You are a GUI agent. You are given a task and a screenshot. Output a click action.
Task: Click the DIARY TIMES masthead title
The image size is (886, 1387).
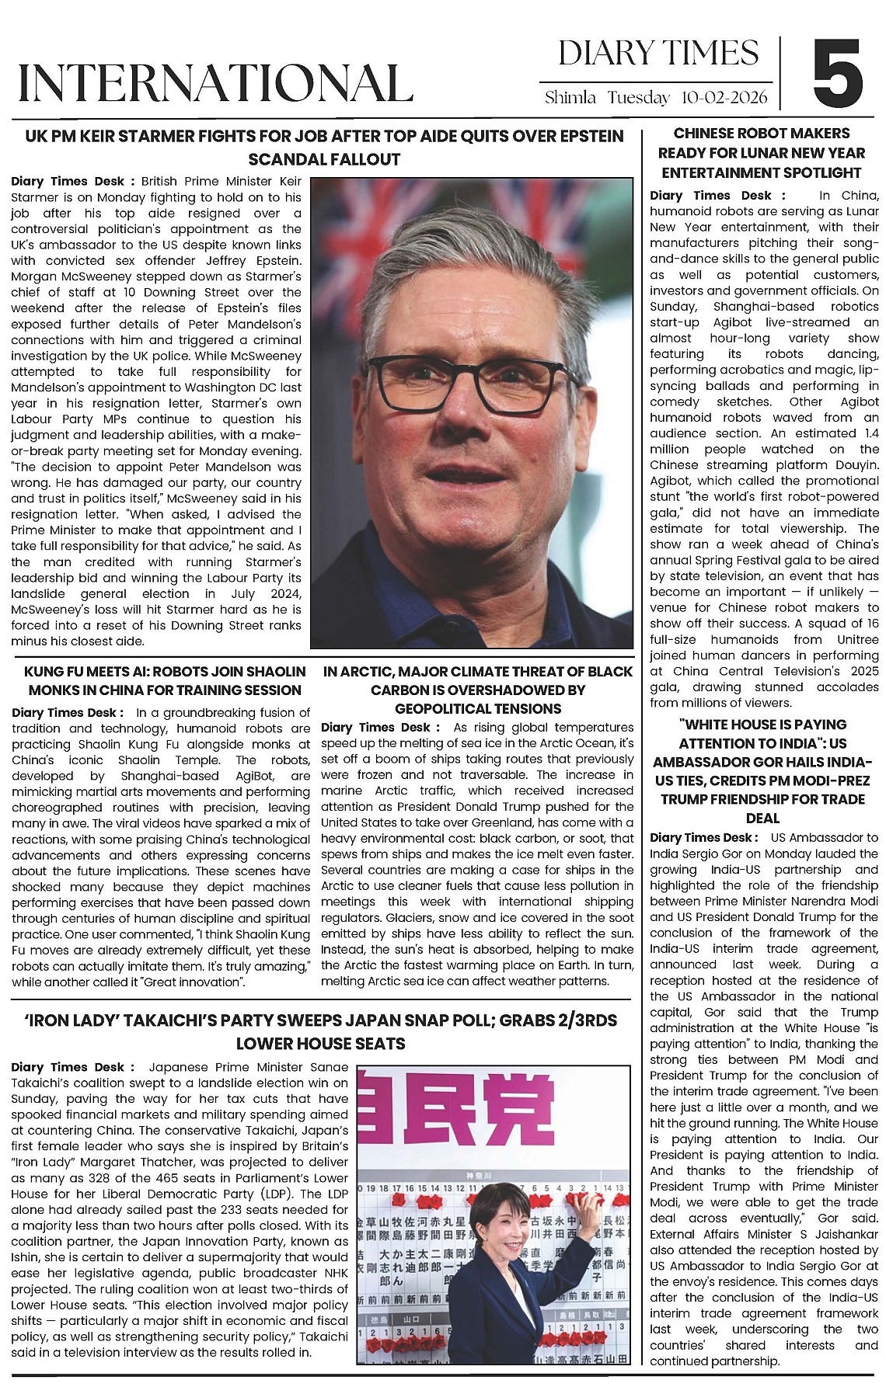pyautogui.click(x=658, y=54)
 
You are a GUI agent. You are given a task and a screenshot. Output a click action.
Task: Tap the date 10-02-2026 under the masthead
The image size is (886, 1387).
pyautogui.click(x=724, y=98)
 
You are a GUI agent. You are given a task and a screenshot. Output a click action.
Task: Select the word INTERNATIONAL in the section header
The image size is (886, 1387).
pyautogui.click(x=215, y=82)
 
